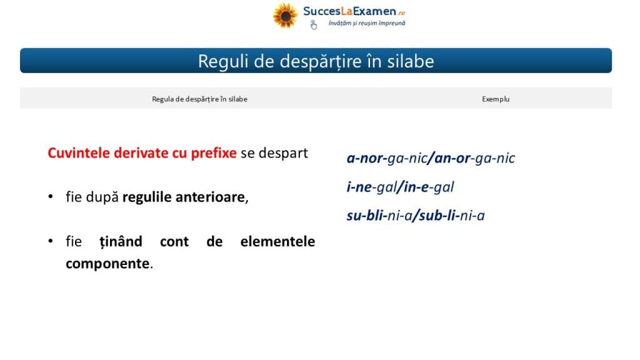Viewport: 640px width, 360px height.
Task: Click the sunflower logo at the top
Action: tap(285, 16)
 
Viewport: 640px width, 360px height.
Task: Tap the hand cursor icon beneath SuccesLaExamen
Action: tap(314, 25)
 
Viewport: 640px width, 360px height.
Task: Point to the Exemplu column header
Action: tap(496, 99)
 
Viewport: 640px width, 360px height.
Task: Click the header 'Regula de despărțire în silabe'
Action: tap(199, 99)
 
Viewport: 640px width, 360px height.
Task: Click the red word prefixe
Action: tap(214, 153)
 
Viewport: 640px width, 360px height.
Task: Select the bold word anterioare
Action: tap(210, 197)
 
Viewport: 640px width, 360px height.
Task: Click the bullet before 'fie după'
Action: tap(51, 197)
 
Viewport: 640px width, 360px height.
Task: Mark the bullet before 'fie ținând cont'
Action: tap(51, 241)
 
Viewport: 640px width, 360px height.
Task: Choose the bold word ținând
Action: tap(121, 242)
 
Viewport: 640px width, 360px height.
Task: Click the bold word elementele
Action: tap(277, 241)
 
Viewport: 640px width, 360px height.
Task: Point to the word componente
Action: tap(107, 264)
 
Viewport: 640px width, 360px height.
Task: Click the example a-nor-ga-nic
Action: tap(386, 158)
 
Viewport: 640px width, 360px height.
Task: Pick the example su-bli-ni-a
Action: tap(379, 216)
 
